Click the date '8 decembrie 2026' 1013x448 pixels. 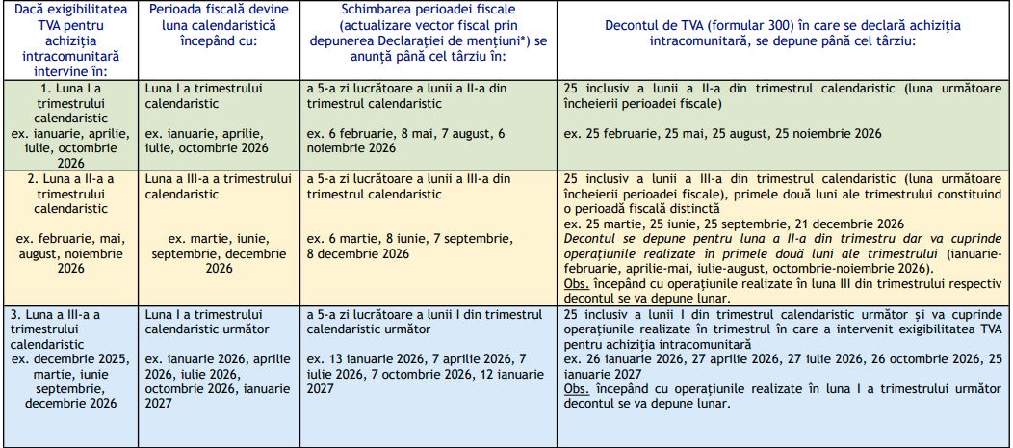tap(358, 253)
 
